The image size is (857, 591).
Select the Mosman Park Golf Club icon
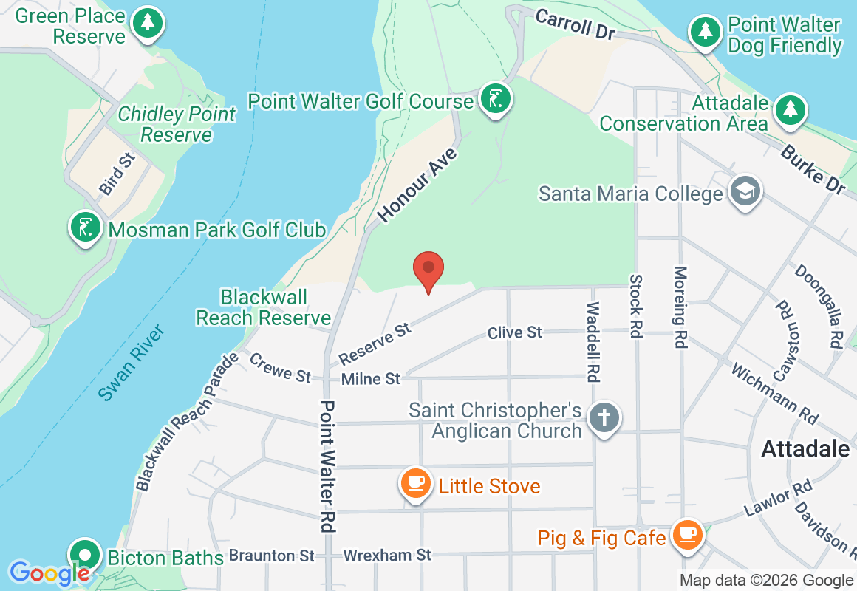[86, 227]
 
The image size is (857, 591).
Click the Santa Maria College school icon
[744, 191]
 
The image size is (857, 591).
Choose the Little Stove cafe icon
[416, 483]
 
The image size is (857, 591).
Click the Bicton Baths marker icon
[86, 556]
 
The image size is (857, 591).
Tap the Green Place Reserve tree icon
[148, 22]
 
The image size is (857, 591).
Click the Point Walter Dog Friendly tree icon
[706, 31]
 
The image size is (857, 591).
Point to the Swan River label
[132, 363]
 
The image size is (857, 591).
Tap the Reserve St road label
[375, 343]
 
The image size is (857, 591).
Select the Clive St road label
[515, 333]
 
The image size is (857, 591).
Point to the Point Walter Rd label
[328, 467]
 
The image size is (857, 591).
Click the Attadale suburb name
[805, 448]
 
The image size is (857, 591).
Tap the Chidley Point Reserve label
[177, 124]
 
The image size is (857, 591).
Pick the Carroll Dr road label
[576, 23]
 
